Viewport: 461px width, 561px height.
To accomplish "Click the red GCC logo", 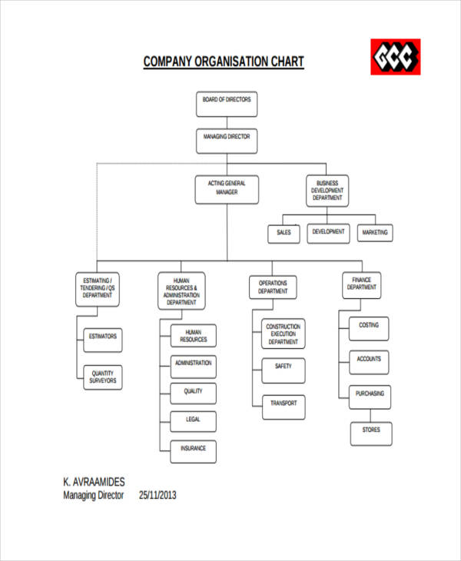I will (x=396, y=57).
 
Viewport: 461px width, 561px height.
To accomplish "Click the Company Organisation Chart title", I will (x=224, y=61).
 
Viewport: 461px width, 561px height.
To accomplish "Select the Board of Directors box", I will (x=227, y=104).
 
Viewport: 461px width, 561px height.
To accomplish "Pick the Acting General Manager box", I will (x=227, y=189).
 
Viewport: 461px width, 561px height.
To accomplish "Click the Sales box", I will (x=284, y=232).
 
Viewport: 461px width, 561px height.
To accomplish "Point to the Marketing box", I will (x=375, y=232).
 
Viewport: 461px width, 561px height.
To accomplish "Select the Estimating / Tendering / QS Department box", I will (x=98, y=289).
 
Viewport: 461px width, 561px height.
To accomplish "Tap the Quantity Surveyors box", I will (x=103, y=377).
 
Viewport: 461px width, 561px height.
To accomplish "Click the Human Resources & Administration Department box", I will (x=182, y=291).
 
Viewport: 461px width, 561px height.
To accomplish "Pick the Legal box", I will (x=194, y=420).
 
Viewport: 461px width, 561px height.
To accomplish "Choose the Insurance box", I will (x=194, y=450).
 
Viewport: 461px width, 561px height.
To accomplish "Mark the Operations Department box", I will (x=274, y=287).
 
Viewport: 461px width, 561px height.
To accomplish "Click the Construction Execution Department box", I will (x=284, y=334).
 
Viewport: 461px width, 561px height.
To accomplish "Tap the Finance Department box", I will (x=362, y=284).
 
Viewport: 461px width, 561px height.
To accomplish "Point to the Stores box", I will (x=371, y=431).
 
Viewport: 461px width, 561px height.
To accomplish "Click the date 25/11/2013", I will (x=158, y=496).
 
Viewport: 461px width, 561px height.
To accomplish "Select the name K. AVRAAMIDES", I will (x=94, y=482).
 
